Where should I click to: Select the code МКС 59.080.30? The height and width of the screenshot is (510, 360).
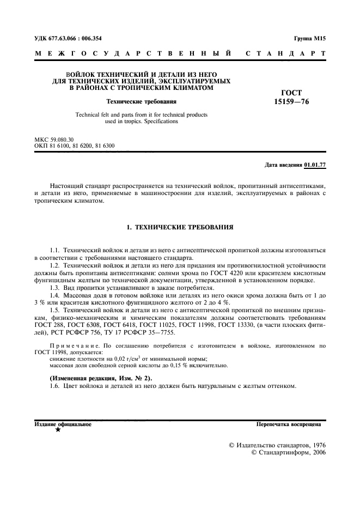[x=54, y=140]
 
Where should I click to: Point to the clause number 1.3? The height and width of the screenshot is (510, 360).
[x=54, y=288]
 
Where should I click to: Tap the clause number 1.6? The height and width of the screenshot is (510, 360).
[x=54, y=386]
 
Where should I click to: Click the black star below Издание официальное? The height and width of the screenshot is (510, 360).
[x=58, y=430]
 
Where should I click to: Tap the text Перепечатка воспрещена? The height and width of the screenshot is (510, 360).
[x=289, y=423]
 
